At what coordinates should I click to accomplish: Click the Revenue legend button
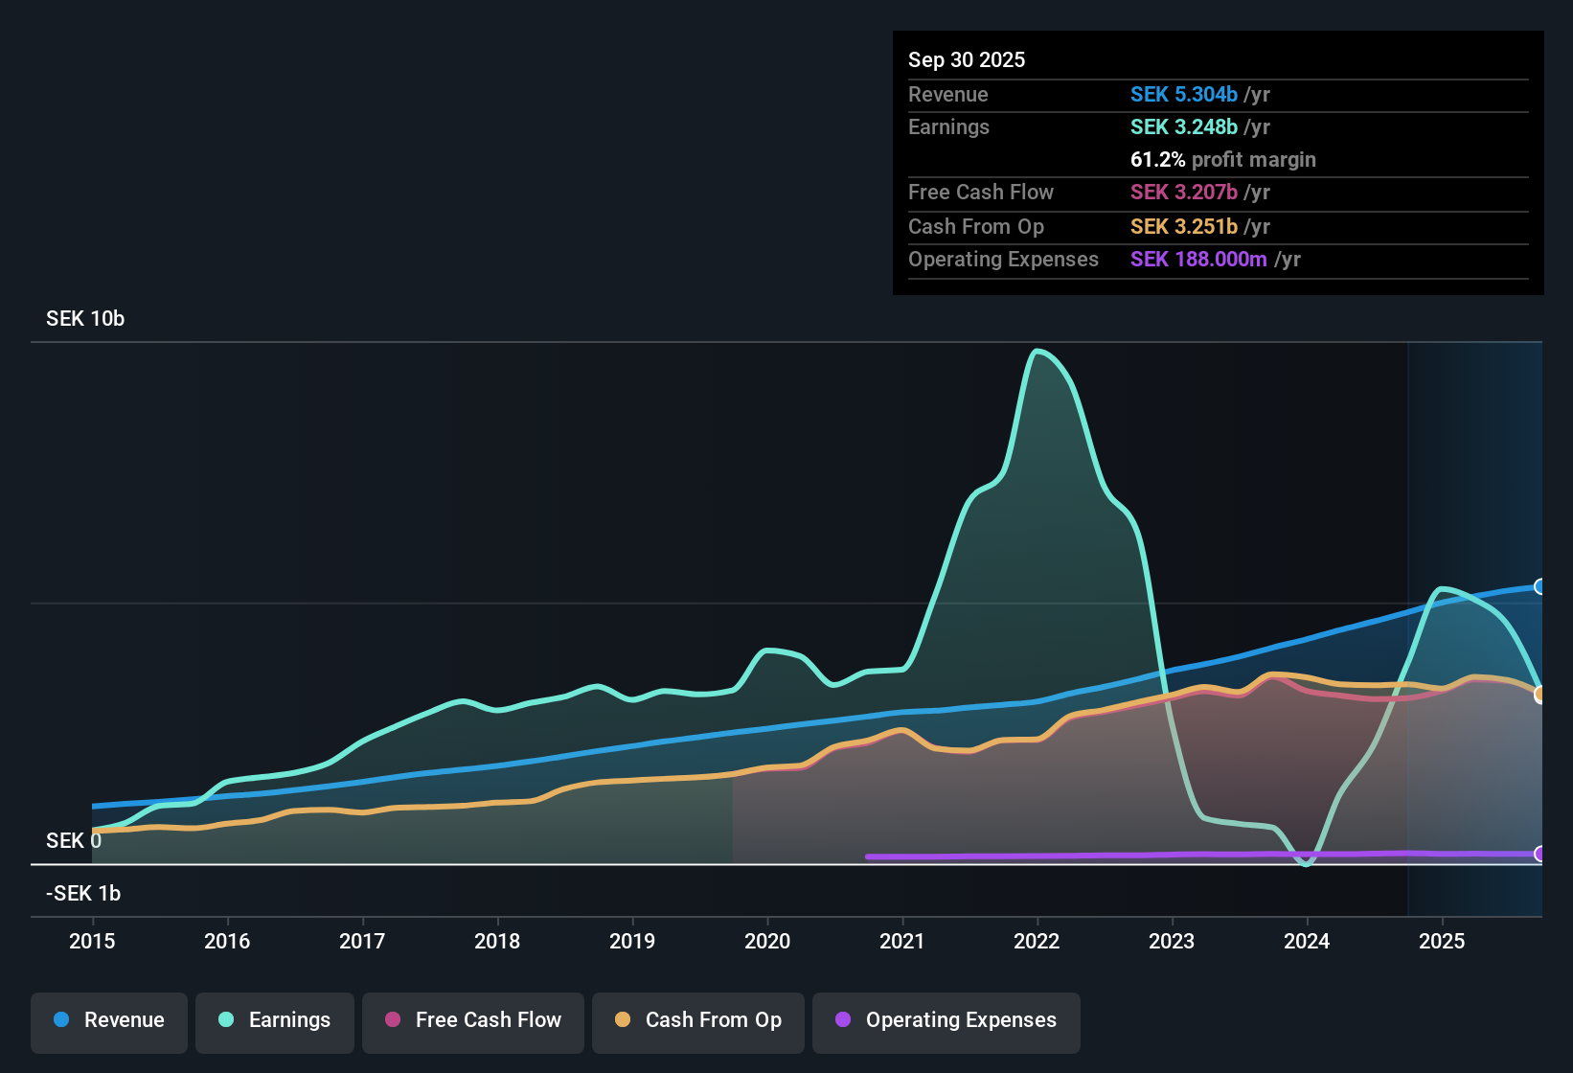pyautogui.click(x=109, y=1020)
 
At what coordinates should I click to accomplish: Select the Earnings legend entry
pyautogui.click(x=275, y=1020)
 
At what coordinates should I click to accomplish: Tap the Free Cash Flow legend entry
pyautogui.click(x=473, y=1020)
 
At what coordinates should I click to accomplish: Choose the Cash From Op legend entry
pyautogui.click(x=698, y=1020)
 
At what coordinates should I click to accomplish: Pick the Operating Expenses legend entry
pyautogui.click(x=946, y=1020)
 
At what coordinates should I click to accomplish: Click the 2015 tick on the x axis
pyautogui.click(x=92, y=941)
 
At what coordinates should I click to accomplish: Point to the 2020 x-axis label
pyautogui.click(x=767, y=941)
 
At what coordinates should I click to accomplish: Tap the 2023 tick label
pyautogui.click(x=1172, y=941)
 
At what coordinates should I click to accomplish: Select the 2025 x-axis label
pyautogui.click(x=1442, y=941)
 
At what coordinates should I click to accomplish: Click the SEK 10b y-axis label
pyautogui.click(x=85, y=319)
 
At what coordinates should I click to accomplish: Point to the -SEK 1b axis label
pyautogui.click(x=83, y=894)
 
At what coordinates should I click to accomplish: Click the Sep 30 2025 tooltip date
pyautogui.click(x=967, y=60)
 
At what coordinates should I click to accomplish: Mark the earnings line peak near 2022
pyautogui.click(x=1037, y=352)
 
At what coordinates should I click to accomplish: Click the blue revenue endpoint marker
pyautogui.click(x=1539, y=586)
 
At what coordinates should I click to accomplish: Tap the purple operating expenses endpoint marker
pyautogui.click(x=1539, y=854)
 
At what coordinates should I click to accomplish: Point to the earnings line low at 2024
pyautogui.click(x=1307, y=863)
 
